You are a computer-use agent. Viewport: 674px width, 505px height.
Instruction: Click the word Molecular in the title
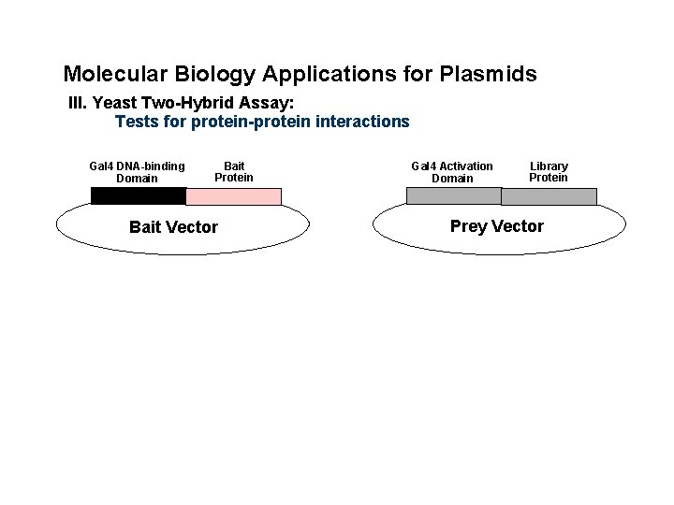(x=108, y=74)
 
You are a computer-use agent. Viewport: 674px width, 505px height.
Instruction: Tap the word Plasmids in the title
(x=487, y=74)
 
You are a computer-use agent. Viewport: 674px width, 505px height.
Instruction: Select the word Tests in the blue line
(x=135, y=122)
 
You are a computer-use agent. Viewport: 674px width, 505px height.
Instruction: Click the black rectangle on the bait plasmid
(x=139, y=196)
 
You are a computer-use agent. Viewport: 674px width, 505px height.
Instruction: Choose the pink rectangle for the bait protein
(x=234, y=196)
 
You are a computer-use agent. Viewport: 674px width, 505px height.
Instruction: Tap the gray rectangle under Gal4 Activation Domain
(x=453, y=196)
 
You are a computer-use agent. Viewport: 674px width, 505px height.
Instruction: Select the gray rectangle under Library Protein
(x=549, y=196)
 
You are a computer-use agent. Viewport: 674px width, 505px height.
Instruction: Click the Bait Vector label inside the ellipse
(x=173, y=227)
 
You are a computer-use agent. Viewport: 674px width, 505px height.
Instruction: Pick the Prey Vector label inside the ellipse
(x=496, y=226)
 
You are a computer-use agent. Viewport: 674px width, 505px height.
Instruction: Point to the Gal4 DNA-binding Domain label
(x=138, y=172)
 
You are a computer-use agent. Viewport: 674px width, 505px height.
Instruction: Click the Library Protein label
(x=549, y=172)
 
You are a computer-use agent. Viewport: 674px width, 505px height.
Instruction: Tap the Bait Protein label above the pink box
(x=234, y=172)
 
